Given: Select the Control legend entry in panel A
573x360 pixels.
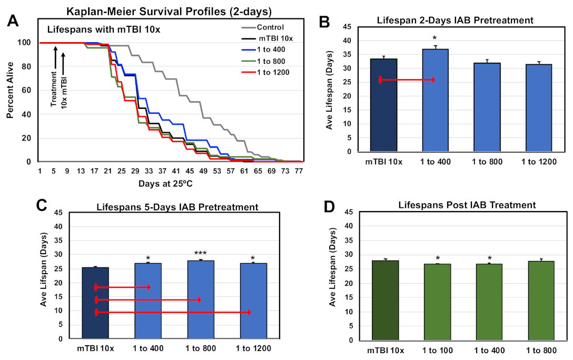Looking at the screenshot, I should (271, 27).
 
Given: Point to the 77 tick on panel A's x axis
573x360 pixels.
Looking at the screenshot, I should (299, 171).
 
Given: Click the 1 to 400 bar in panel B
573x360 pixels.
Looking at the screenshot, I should (436, 100).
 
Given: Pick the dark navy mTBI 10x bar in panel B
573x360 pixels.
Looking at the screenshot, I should (384, 105).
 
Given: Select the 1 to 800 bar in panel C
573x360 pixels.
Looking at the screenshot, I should (199, 299).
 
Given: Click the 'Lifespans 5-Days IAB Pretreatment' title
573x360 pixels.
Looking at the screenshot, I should (177, 207).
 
